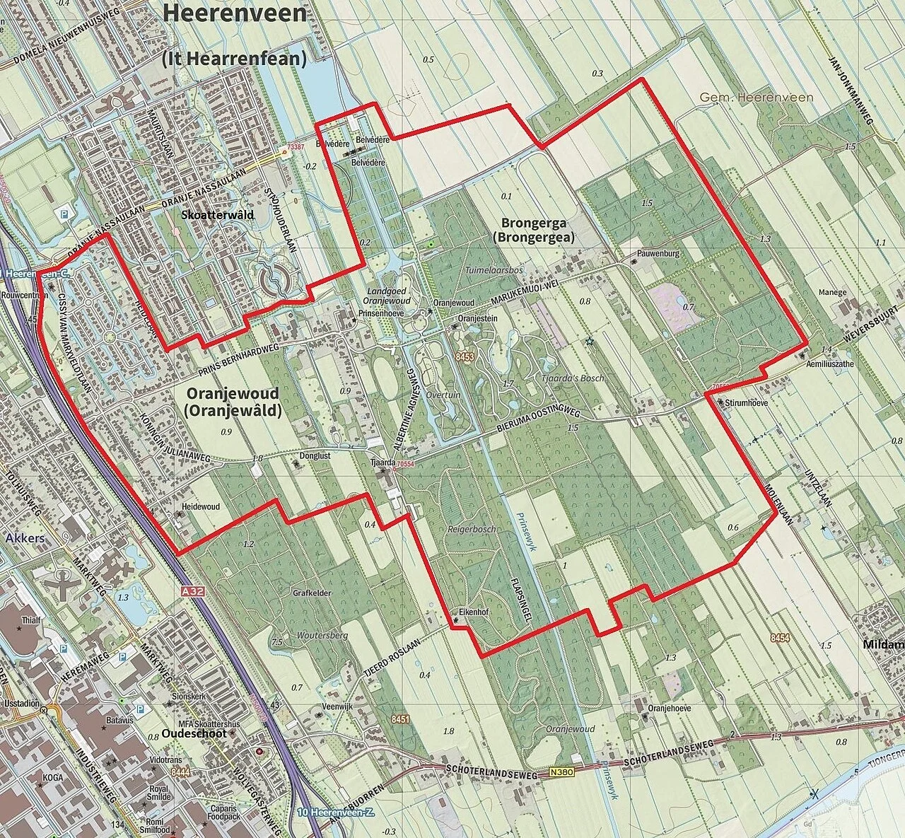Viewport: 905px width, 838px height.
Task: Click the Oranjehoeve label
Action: point(669,708)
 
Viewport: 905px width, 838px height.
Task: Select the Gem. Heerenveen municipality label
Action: point(757,98)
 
